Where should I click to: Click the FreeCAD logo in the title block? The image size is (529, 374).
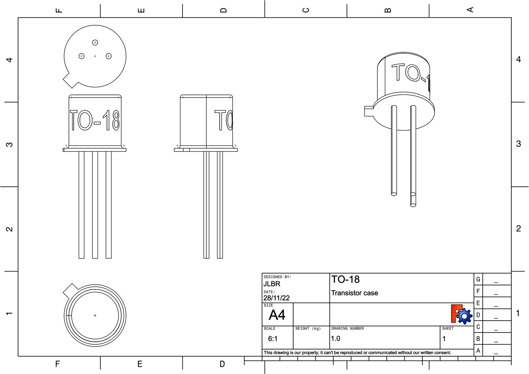(x=461, y=314)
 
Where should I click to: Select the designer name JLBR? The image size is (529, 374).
(x=272, y=284)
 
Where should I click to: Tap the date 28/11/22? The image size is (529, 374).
(x=276, y=298)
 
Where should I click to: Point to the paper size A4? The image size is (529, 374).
(x=277, y=315)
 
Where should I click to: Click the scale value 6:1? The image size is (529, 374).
(x=273, y=339)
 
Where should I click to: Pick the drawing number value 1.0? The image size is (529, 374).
(x=335, y=339)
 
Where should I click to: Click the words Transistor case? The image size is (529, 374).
(x=355, y=293)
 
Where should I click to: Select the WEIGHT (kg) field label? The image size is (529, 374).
(x=308, y=328)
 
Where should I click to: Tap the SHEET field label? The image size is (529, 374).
(x=448, y=328)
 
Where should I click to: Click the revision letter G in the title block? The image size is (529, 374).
(x=478, y=279)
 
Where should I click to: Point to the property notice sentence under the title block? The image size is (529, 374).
(x=357, y=353)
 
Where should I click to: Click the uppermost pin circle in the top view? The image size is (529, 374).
(x=95, y=43)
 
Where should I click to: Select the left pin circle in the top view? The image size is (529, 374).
(x=82, y=56)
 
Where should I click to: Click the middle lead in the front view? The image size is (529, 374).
(x=95, y=204)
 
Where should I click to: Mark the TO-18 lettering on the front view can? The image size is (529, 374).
(x=95, y=120)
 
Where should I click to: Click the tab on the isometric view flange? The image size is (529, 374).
(x=368, y=111)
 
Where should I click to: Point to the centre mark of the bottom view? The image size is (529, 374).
(x=95, y=315)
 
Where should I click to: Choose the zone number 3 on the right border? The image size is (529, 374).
(x=518, y=144)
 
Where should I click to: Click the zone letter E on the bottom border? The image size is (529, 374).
(x=140, y=364)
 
